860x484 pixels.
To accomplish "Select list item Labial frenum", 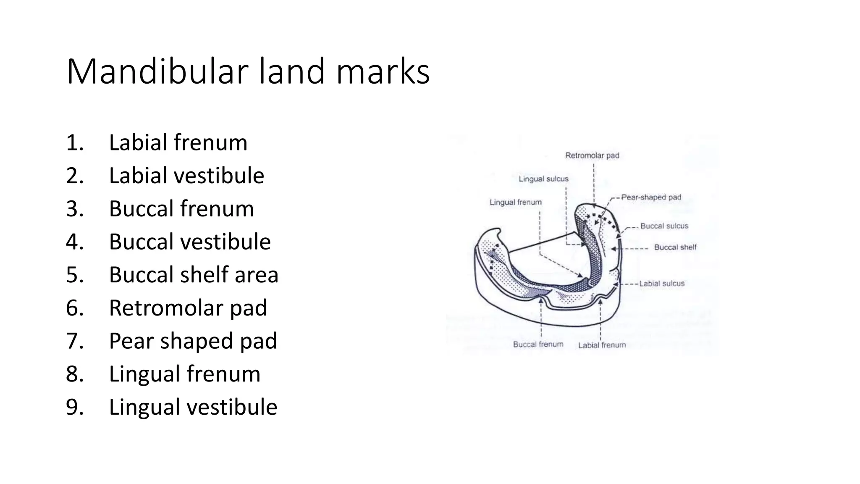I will tap(178, 142).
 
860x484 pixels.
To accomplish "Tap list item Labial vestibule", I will tap(186, 176).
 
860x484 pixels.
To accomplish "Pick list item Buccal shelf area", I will tap(194, 275).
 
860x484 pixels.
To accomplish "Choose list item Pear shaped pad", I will tap(193, 341).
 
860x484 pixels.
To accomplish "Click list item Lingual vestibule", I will tap(193, 407).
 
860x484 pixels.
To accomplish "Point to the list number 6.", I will tap(75, 308).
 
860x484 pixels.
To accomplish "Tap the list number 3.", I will tap(75, 209).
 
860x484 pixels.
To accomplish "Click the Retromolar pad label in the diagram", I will tap(592, 155).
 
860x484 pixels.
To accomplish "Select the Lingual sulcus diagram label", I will tap(543, 179).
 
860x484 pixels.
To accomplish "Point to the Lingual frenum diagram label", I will tap(516, 202).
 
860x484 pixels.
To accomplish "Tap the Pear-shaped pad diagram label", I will tap(651, 197).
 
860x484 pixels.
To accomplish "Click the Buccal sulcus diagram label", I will tap(664, 226).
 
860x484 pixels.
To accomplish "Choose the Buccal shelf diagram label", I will tap(675, 247).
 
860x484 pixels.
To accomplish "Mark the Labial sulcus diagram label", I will tap(662, 284).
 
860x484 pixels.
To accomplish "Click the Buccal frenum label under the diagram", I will tap(538, 345).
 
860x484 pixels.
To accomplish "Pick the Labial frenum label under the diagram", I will tap(602, 345).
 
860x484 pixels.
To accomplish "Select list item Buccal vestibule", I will tap(190, 242).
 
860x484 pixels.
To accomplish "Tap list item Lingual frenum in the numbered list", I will tap(184, 374).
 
